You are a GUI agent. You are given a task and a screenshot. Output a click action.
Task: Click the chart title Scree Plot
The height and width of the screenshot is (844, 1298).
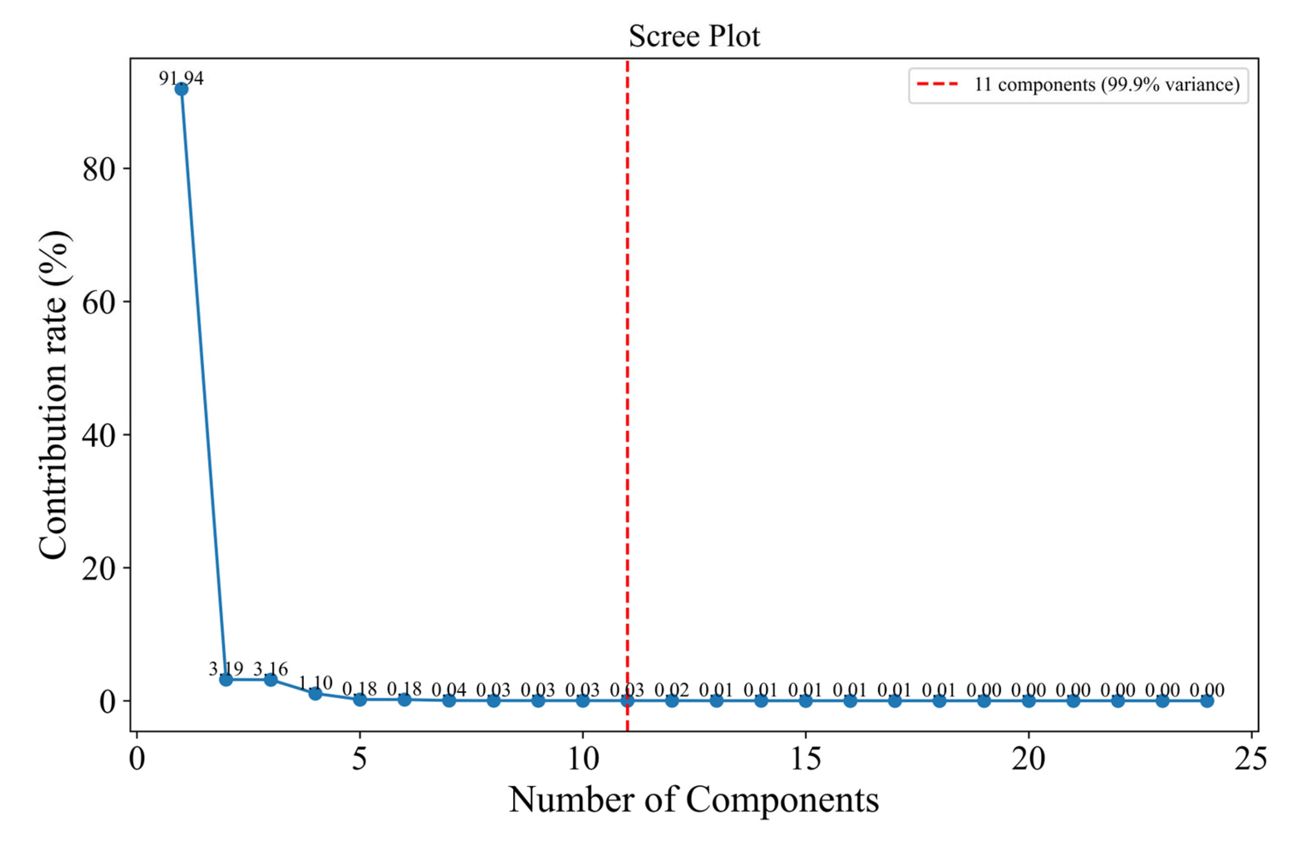tap(694, 37)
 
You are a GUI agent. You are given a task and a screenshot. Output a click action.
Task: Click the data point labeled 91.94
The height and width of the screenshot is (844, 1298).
tap(181, 88)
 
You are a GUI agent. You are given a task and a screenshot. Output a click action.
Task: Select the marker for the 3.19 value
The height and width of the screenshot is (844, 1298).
tap(226, 680)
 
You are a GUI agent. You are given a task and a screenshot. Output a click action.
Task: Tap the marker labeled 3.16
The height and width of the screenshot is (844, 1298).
tap(270, 680)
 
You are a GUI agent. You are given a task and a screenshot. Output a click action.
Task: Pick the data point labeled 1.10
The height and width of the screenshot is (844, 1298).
tap(315, 693)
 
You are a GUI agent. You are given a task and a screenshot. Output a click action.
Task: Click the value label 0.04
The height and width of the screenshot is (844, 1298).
tap(449, 690)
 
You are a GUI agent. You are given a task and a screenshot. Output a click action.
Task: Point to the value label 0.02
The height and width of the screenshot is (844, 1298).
tap(672, 690)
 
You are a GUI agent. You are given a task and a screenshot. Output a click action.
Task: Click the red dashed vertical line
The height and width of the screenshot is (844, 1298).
tap(627, 382)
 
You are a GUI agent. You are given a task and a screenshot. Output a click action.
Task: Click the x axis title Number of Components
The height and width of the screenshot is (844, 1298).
tap(694, 800)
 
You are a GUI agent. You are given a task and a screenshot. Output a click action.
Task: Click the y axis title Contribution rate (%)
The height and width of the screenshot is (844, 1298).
tap(54, 395)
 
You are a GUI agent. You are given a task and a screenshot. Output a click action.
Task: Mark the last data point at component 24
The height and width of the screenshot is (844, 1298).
tap(1207, 700)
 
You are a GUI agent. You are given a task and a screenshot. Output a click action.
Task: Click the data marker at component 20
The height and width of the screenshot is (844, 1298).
tap(1029, 700)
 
